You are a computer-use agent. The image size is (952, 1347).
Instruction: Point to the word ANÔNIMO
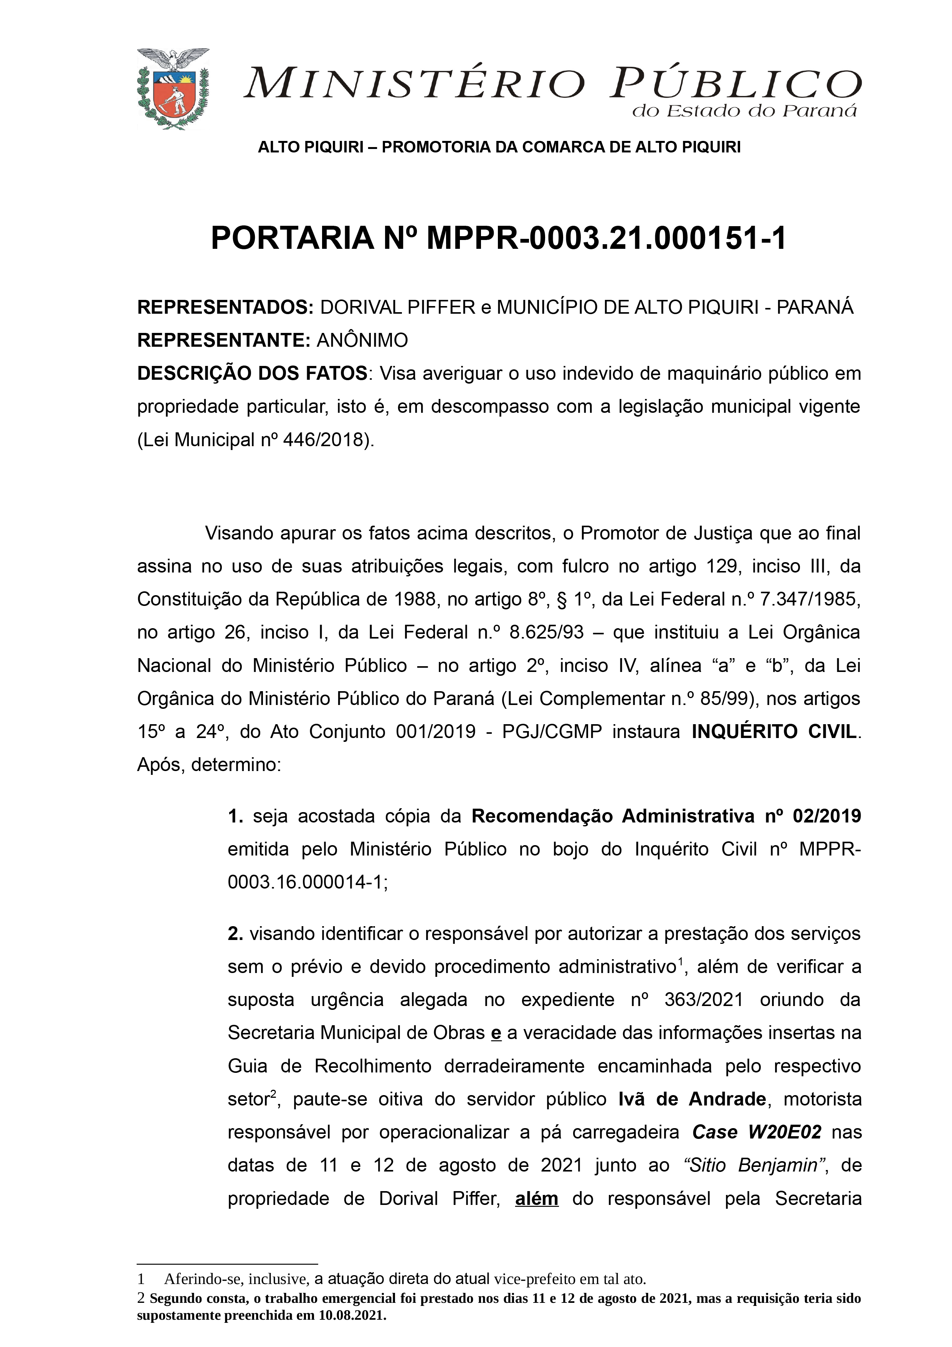tap(362, 340)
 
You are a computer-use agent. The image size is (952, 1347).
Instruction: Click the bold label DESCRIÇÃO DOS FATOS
tap(252, 373)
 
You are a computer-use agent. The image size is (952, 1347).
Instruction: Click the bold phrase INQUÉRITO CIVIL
tap(774, 731)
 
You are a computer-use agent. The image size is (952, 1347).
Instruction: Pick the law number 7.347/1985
tap(810, 599)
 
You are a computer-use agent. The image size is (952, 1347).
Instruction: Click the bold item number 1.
tap(236, 816)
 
